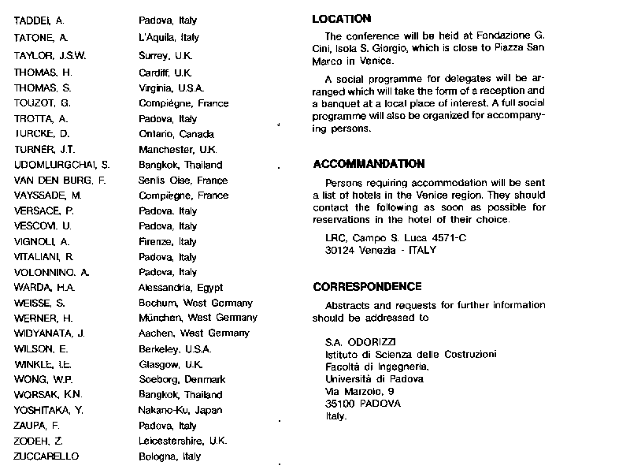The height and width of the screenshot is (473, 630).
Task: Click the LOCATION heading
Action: pyautogui.click(x=342, y=18)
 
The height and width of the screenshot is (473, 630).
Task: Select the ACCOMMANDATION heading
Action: pyautogui.click(x=369, y=164)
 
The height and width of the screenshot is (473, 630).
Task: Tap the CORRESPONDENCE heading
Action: pyautogui.click(x=367, y=287)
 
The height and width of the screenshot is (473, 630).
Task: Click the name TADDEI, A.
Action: pyautogui.click(x=39, y=21)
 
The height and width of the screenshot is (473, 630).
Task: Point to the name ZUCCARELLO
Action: pyautogui.click(x=47, y=456)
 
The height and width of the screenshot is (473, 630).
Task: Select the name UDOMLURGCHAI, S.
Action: pyautogui.click(x=62, y=165)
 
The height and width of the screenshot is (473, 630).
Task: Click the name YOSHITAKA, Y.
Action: pyautogui.click(x=48, y=410)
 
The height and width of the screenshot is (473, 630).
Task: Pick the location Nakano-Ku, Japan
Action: pyautogui.click(x=180, y=410)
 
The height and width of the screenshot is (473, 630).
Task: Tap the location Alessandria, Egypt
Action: pyautogui.click(x=180, y=288)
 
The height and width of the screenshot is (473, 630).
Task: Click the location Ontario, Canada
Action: pyautogui.click(x=176, y=134)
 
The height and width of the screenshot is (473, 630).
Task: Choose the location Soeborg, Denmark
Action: pyautogui.click(x=182, y=379)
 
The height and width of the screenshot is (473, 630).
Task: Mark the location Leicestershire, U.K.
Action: pyautogui.click(x=183, y=441)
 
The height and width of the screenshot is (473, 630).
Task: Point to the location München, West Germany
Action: pyautogui.click(x=198, y=318)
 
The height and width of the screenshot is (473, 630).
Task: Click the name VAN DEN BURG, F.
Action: pyautogui.click(x=60, y=180)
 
